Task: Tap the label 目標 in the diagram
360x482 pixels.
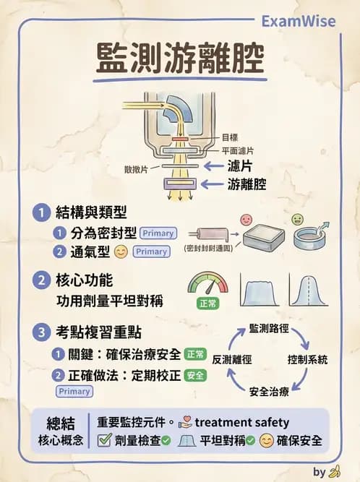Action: (x=229, y=137)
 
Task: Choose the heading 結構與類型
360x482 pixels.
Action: (x=91, y=213)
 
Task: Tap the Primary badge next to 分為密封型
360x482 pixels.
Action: (x=158, y=233)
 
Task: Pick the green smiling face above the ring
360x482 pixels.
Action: (x=296, y=219)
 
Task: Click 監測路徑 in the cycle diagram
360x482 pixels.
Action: (x=269, y=329)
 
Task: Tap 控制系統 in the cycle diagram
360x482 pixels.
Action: (x=307, y=359)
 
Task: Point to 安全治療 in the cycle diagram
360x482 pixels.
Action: (x=269, y=391)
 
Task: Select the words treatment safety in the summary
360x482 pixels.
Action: (x=242, y=422)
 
